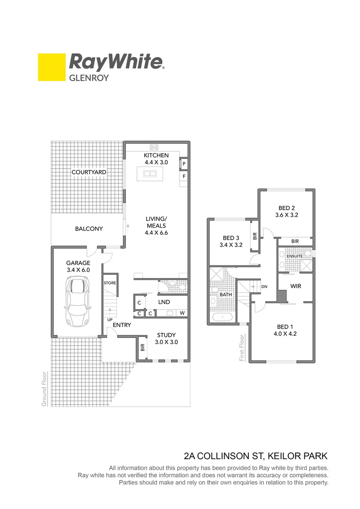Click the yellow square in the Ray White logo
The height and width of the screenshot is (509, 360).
point(51,67)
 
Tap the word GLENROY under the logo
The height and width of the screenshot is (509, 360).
point(89,78)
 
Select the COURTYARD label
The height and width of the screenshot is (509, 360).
point(89,172)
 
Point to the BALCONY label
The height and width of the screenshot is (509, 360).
point(89,229)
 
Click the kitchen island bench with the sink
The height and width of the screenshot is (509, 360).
point(150,173)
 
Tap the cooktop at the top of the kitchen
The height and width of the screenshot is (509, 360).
point(154,147)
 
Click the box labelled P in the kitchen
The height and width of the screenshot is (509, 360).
point(184,164)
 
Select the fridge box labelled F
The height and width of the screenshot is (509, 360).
point(184,177)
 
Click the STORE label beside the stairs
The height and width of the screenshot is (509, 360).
point(110,283)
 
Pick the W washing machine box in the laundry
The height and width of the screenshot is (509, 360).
point(182,313)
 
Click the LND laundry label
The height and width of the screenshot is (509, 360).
point(164,302)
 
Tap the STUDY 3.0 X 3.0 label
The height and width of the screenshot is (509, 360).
point(167,339)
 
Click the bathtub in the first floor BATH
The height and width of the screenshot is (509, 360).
point(221,316)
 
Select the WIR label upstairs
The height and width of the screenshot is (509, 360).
point(296,286)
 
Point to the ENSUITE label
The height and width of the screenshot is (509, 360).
point(295,256)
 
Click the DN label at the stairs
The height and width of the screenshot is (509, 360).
point(264,286)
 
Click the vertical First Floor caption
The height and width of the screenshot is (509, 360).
point(242,348)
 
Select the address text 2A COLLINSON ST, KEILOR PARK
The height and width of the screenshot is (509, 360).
point(255,456)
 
